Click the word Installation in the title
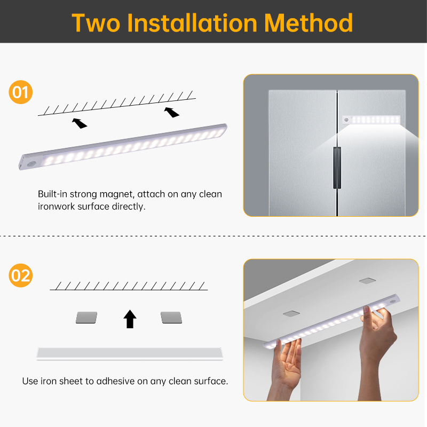192,23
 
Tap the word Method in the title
309,23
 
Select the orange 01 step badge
21,92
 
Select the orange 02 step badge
21,275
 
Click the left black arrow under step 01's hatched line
79,123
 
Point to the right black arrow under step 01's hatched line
171,112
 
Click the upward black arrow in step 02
130,319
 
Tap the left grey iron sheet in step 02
86,318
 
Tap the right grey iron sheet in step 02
171,318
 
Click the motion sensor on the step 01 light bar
33,164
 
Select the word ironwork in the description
57,207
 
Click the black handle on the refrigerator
337,168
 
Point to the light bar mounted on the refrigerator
371,120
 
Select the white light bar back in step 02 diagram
130,354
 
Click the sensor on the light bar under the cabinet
393,302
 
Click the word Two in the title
96,23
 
